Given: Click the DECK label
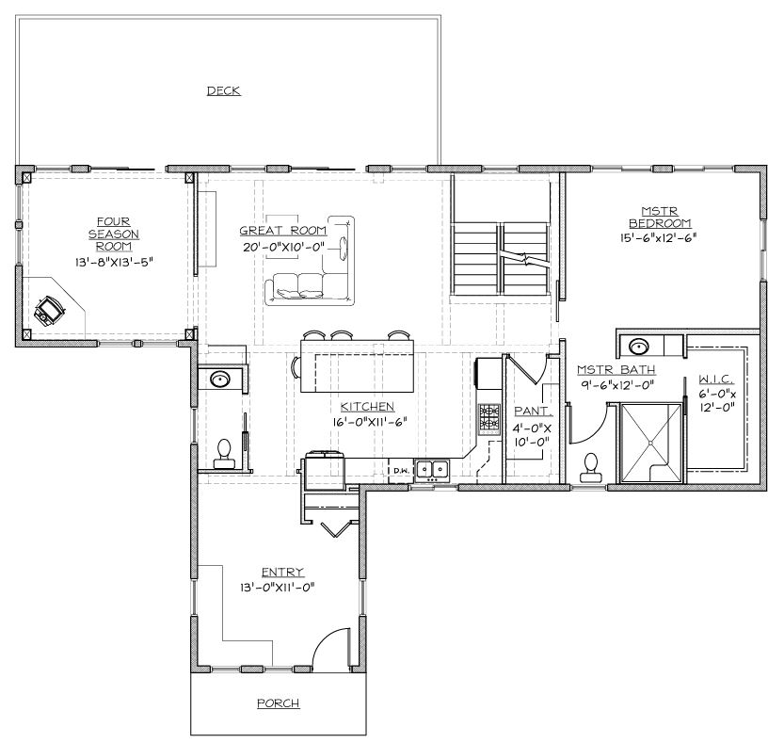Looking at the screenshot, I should pyautogui.click(x=223, y=90).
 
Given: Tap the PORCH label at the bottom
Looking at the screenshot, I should pyautogui.click(x=278, y=703).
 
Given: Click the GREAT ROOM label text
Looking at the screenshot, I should pyautogui.click(x=282, y=230).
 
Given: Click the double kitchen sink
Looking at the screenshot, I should pyautogui.click(x=433, y=467).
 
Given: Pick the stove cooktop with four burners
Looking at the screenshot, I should pyautogui.click(x=489, y=418).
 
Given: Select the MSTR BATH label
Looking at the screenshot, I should pyautogui.click(x=616, y=369).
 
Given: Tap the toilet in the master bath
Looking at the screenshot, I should pyautogui.click(x=591, y=467).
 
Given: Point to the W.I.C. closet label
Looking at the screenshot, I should pyautogui.click(x=717, y=381).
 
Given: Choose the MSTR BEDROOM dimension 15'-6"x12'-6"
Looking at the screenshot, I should pyautogui.click(x=660, y=237).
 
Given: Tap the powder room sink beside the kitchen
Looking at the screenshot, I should pyautogui.click(x=220, y=380).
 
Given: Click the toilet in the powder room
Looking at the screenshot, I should pyautogui.click(x=225, y=452).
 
